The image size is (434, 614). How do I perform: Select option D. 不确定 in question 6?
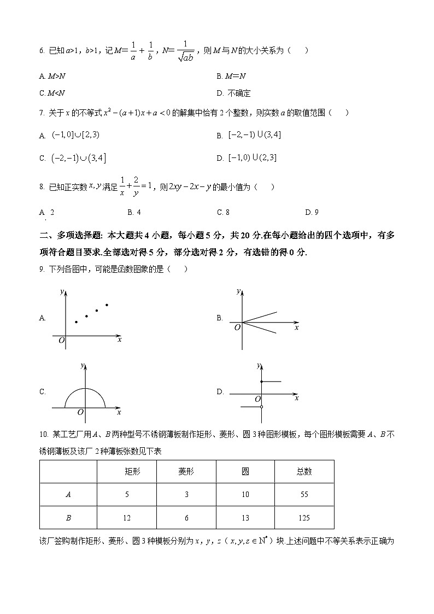[x=234, y=93]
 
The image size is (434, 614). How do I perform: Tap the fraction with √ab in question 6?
[x=185, y=51]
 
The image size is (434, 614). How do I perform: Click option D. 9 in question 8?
[x=312, y=212]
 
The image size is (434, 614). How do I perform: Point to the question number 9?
[x=43, y=268]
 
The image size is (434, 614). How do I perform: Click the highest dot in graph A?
[x=107, y=305]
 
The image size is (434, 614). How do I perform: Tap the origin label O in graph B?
[x=237, y=328]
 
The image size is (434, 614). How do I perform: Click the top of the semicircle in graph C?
[x=85, y=388]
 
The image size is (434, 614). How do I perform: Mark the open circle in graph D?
[x=262, y=407]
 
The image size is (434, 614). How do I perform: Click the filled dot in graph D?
[x=262, y=381]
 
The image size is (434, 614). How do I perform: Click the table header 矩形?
[x=127, y=472]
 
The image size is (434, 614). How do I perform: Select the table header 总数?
[x=304, y=472]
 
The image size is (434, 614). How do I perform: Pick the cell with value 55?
[x=304, y=494]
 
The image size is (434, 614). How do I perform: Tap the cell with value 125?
[x=304, y=517]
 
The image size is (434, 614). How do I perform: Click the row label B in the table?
[x=68, y=517]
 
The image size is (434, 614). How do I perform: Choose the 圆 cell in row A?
[x=245, y=494]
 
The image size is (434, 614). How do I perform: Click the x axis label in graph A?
[x=119, y=340]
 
